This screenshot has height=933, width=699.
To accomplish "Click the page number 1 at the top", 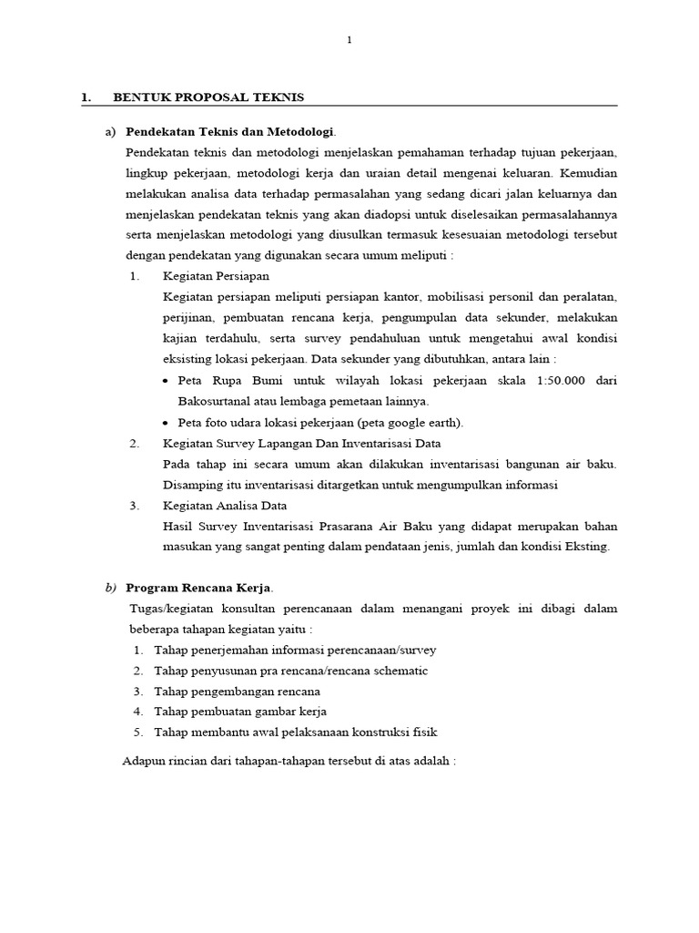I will click(349, 39).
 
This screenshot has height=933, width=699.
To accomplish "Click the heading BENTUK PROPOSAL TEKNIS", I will click(208, 97).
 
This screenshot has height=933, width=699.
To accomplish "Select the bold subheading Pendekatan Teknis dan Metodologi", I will click(230, 131).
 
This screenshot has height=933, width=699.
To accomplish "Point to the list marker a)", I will click(111, 131).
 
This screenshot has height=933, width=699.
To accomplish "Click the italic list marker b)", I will click(111, 588).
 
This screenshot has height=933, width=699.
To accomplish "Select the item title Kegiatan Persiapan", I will click(216, 275).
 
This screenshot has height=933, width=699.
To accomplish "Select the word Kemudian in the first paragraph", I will click(586, 172).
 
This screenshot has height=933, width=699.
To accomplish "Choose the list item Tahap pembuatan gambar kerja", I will click(240, 712).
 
